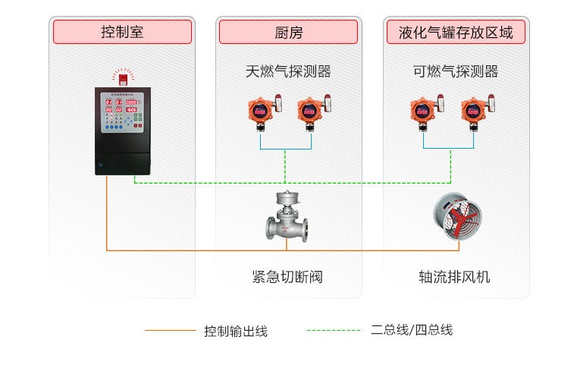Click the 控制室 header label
[x=122, y=32]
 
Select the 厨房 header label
[x=288, y=32]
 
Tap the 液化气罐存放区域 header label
[x=456, y=32]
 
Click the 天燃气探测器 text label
[x=288, y=72]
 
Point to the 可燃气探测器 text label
[x=455, y=72]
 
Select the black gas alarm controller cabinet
[x=123, y=131]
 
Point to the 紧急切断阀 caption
[x=287, y=277]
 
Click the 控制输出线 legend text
[x=236, y=331]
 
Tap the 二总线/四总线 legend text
[x=412, y=330]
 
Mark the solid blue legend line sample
[x=170, y=331]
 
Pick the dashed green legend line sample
[x=333, y=331]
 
